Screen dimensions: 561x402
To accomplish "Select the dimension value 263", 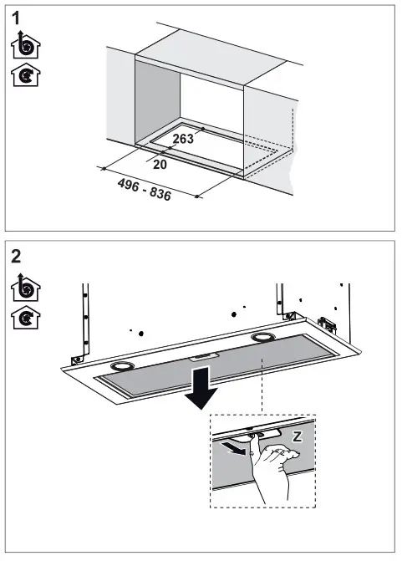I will pos(184,139).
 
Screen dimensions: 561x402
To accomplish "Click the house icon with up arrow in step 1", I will pos(26,45).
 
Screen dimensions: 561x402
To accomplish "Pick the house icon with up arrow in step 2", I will pos(26,286).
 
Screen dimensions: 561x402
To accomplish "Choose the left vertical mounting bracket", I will pos(84,322).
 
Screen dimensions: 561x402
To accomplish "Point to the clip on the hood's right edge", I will pos(326,324).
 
